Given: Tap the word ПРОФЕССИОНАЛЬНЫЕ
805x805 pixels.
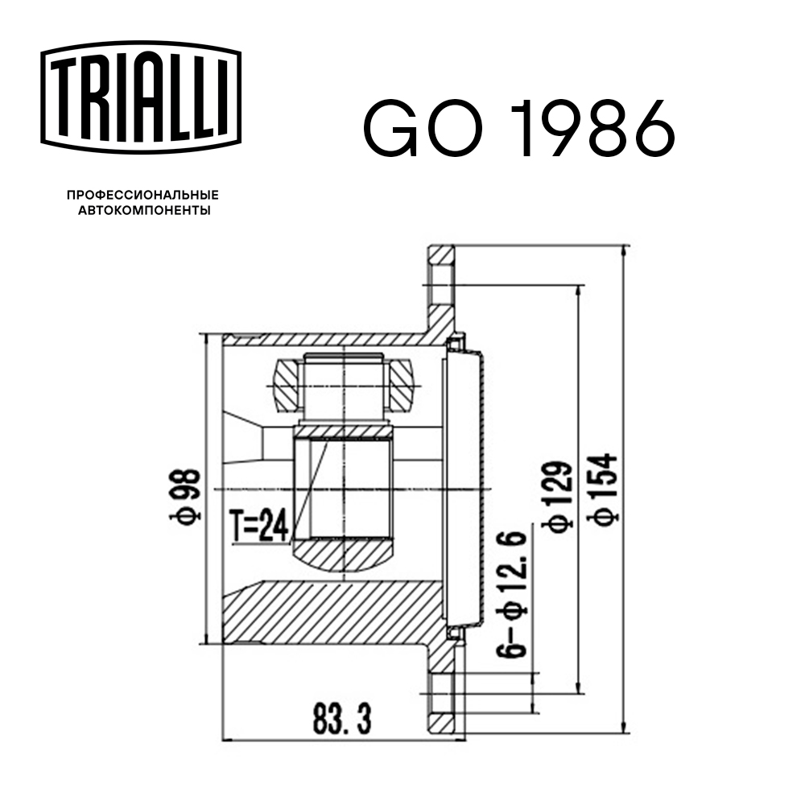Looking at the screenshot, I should point(142,196).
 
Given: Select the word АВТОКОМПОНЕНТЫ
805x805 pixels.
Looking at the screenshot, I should point(142,211).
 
